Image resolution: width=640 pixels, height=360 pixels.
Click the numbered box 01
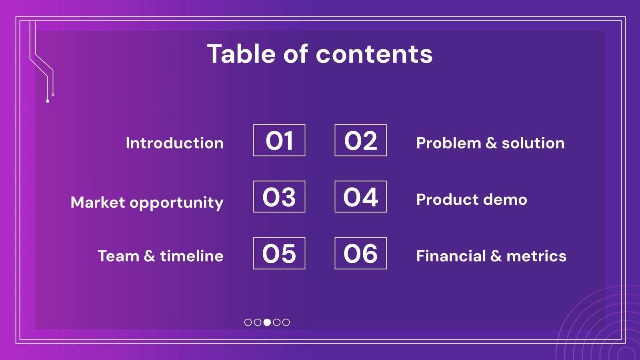[279, 140]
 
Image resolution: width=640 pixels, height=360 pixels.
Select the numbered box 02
[361, 140]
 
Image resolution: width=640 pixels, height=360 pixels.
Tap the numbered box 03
[279, 197]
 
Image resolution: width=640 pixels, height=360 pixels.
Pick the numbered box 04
[361, 197]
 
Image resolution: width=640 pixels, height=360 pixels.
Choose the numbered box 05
[279, 253]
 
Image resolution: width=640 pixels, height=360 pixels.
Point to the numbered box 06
[361, 253]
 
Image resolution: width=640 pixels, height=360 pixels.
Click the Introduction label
[174, 143]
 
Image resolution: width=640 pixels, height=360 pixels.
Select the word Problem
[448, 143]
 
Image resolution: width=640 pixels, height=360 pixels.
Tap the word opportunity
[176, 203]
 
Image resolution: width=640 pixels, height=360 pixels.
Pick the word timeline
[192, 256]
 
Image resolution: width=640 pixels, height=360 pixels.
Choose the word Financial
[451, 256]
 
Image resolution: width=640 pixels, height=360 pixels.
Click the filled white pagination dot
[267, 322]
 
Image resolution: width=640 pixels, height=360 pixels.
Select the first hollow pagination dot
[248, 322]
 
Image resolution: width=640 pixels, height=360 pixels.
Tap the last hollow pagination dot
[286, 322]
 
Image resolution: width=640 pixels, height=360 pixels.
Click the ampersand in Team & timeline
[149, 256]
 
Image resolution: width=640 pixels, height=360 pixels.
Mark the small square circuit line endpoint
[48, 101]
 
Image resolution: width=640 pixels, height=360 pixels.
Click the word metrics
[536, 256]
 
